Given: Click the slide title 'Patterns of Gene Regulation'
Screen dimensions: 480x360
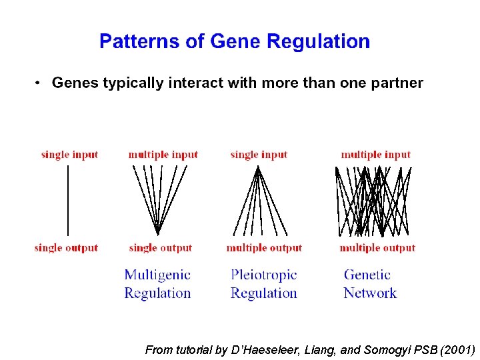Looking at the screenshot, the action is (235, 41).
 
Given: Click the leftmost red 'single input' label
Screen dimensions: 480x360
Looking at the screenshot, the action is (69, 155).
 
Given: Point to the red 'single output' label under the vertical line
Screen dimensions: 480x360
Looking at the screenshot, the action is (66, 248).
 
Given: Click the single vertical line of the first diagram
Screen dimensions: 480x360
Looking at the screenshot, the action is (67, 200).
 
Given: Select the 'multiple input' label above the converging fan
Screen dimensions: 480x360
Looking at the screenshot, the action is (163, 155).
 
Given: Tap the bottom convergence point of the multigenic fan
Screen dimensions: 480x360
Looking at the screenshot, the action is (157, 233).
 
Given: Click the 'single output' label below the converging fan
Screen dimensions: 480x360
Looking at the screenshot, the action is (161, 248).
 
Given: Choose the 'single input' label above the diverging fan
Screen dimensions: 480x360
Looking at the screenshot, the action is (259, 155).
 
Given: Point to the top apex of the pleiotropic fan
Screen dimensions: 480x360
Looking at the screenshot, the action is (258, 167).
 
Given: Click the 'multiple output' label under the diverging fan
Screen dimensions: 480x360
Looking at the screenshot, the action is (264, 248).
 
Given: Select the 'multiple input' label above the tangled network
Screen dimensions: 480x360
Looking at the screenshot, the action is (376, 155).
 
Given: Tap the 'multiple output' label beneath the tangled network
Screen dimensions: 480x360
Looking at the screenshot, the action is (377, 248).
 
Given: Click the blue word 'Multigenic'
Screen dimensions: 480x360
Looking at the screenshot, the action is (157, 275).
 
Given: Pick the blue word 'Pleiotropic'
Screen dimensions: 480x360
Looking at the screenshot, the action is (264, 275).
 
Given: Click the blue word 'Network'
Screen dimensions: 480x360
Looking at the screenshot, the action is (370, 293).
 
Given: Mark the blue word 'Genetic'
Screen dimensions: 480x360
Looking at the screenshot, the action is (367, 275).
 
